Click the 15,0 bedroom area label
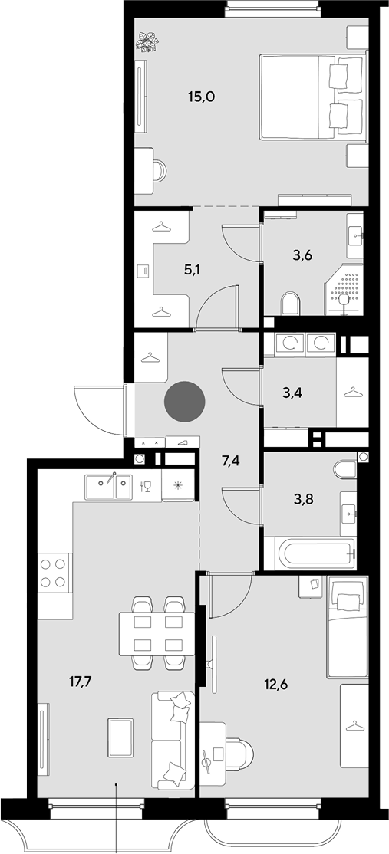201,97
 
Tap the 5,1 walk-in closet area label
191,270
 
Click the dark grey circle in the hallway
185,402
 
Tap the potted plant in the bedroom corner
147,42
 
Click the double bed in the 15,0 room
312,97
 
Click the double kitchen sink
108,486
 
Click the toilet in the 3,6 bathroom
291,304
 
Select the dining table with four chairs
157,633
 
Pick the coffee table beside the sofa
120,737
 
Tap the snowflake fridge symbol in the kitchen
178,486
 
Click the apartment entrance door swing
101,410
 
